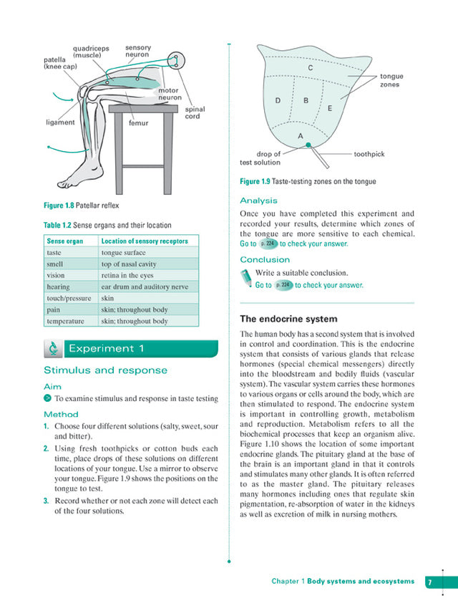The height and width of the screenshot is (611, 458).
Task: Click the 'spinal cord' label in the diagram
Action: coord(195,113)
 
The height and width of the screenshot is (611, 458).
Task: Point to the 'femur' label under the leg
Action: coord(138,122)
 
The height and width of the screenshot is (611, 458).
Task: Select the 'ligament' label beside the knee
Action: coord(60,122)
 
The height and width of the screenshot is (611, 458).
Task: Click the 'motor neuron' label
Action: coord(170,95)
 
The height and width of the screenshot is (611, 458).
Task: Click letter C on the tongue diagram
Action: coord(310,68)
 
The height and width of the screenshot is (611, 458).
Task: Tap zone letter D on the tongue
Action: coord(278,100)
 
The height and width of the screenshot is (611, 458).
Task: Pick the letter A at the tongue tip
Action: coord(300,135)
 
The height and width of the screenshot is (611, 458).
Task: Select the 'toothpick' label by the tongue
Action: coord(369,154)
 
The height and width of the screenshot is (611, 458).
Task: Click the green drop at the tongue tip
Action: coord(308,145)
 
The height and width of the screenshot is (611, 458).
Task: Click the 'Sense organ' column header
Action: coord(65,241)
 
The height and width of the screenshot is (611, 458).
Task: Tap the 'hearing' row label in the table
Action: coord(59,287)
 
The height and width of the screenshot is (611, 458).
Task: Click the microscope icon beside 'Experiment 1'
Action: coord(53,349)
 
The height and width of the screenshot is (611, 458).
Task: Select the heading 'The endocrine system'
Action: coord(288,319)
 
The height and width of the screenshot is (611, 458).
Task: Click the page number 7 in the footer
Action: coord(430,582)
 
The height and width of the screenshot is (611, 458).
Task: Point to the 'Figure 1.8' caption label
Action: coord(59,206)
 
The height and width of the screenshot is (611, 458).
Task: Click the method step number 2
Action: coord(46,448)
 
